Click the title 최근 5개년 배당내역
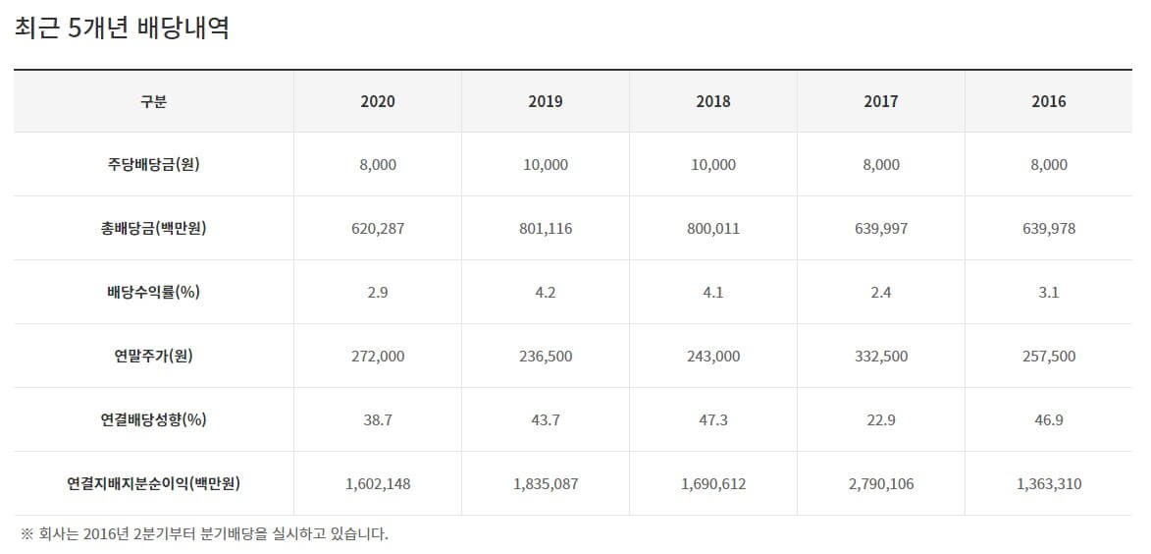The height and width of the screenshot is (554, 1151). pyautogui.click(x=123, y=28)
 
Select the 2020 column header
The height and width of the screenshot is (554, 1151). pyautogui.click(x=378, y=101)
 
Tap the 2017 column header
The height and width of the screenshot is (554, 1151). pyautogui.click(x=881, y=101)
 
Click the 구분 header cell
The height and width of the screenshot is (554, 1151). pyautogui.click(x=154, y=101)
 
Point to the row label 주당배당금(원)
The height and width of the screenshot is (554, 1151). pyautogui.click(x=154, y=165)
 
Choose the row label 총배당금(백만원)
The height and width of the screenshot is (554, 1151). pyautogui.click(x=154, y=229)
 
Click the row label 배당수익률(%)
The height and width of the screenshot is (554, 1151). pyautogui.click(x=154, y=293)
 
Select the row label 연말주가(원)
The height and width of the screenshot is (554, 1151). pyautogui.click(x=154, y=356)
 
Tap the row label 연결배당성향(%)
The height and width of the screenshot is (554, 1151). pyautogui.click(x=154, y=419)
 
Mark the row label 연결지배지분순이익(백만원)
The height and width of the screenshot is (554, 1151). pyautogui.click(x=154, y=483)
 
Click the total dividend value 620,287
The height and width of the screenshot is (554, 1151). pyautogui.click(x=378, y=229)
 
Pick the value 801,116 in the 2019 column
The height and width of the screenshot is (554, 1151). pyautogui.click(x=546, y=229)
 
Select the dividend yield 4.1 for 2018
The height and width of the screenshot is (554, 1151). pyautogui.click(x=713, y=293)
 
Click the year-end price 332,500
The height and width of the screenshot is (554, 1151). pyautogui.click(x=881, y=356)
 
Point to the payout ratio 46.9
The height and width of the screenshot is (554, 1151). pyautogui.click(x=1049, y=419)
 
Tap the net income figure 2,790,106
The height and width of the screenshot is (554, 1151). pyautogui.click(x=881, y=483)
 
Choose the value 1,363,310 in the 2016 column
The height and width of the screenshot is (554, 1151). pyautogui.click(x=1049, y=483)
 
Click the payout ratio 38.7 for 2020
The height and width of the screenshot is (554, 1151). pyautogui.click(x=378, y=419)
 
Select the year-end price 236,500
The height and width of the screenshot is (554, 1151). pyautogui.click(x=546, y=356)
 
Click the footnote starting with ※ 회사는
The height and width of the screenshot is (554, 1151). pyautogui.click(x=204, y=534)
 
